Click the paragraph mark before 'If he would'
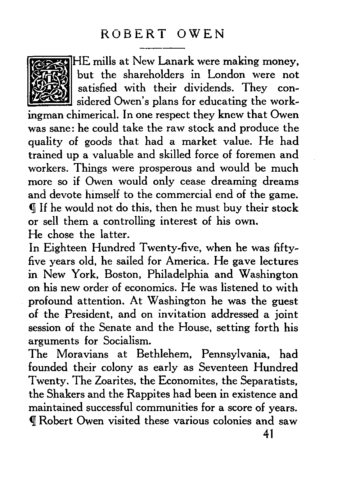[x=33, y=208]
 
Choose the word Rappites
[x=148, y=394]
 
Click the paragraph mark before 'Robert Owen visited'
[x=33, y=421]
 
